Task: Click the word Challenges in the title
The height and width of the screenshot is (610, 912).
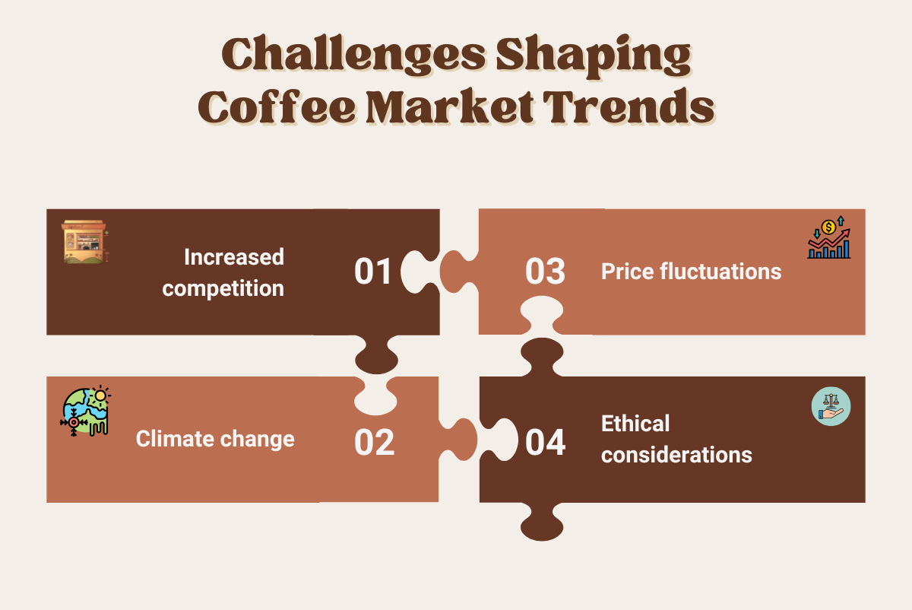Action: coord(353,56)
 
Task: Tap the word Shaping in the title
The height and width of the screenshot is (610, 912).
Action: coord(594,56)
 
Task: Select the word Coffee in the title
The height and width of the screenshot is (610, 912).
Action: coord(277,106)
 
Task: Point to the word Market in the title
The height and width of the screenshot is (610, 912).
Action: coord(450,106)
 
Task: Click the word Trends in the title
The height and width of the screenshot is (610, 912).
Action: coord(629,106)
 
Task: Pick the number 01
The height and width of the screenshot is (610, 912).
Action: coord(372,272)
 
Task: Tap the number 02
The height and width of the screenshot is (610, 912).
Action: coord(374,442)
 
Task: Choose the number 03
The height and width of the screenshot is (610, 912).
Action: coord(545,272)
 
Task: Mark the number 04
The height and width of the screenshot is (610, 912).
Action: coord(545,442)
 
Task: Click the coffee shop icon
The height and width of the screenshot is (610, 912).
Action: coord(85,242)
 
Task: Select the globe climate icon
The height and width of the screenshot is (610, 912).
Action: coord(85,411)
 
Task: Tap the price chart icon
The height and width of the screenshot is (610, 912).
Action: coord(829,237)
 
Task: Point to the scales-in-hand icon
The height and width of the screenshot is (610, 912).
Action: coord(831,406)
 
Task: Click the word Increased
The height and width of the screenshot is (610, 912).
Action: coord(234,257)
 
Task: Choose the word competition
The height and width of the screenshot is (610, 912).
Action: coord(223,289)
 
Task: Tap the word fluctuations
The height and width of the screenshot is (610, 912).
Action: coord(720,272)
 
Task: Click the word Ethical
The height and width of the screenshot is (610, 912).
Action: coord(635,424)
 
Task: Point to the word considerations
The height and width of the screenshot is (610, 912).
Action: coord(676,455)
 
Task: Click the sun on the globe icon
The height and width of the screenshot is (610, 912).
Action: coord(100,396)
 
